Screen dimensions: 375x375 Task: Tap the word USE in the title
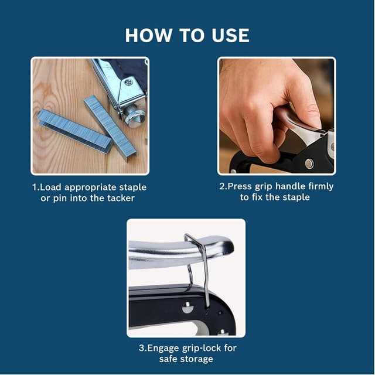coord(229,35)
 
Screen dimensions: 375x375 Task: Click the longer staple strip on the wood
coord(73,131)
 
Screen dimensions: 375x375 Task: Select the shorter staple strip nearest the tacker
coord(110,127)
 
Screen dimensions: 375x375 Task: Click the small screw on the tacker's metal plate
coord(127,83)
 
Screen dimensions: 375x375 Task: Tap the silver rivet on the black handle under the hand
coord(309,163)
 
